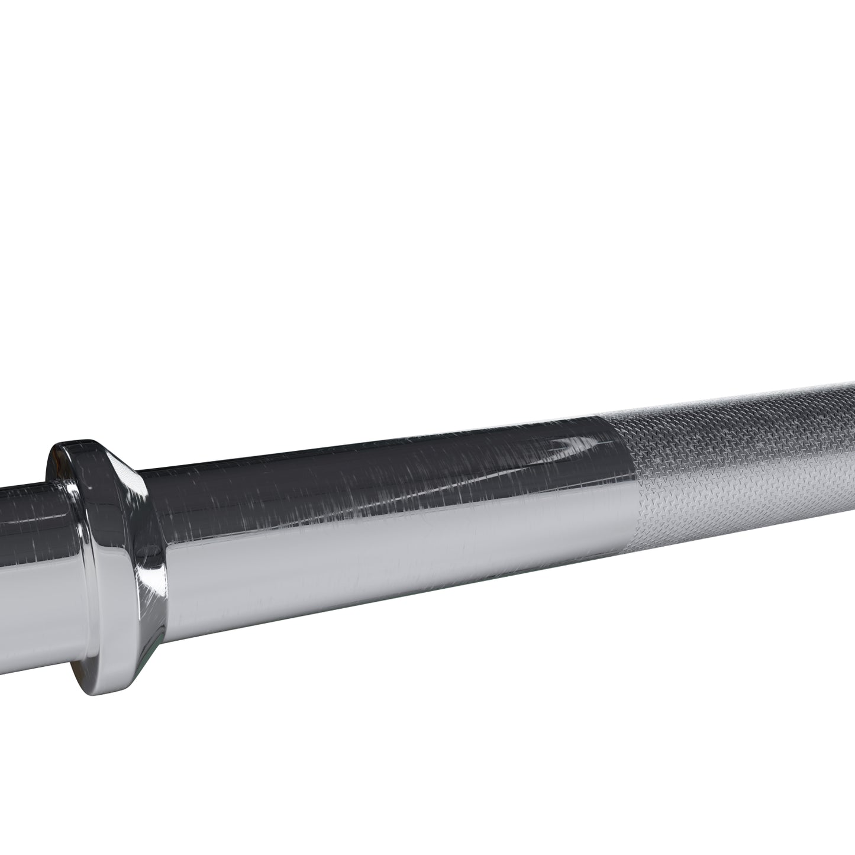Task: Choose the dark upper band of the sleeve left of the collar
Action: [x=24, y=503]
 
